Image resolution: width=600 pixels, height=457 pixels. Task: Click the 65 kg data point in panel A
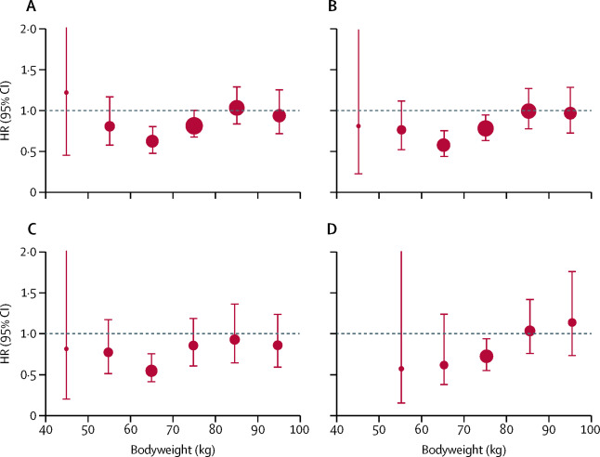coord(152,141)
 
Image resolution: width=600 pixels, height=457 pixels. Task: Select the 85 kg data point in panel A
coord(237,109)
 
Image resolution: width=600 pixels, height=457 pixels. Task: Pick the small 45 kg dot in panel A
coord(66,92)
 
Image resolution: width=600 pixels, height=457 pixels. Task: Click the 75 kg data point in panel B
coord(485,128)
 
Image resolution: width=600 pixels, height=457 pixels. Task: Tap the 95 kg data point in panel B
coord(570,113)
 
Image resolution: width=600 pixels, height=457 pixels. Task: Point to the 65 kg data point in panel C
coord(151,371)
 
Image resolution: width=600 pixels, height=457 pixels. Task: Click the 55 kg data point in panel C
coord(109,352)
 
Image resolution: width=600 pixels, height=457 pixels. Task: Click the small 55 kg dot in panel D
coord(401,369)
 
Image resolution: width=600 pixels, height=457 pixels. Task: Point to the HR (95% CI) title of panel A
coord(10,111)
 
